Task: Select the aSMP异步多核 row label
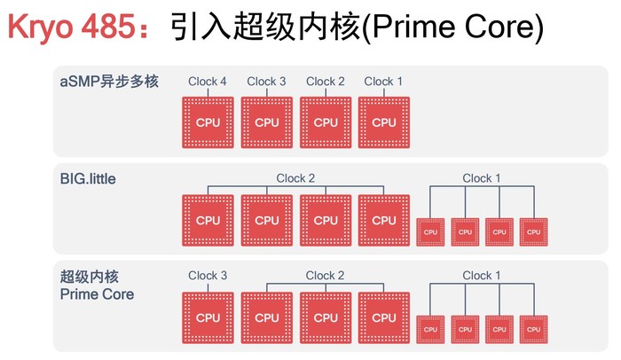(x=109, y=82)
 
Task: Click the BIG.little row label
(x=88, y=178)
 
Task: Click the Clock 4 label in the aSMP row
(x=208, y=82)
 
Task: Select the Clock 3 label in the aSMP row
(x=266, y=82)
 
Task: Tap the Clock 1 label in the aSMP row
(x=383, y=82)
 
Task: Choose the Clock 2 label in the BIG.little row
(x=295, y=178)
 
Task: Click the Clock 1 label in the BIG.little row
(x=482, y=178)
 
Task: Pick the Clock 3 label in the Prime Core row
(x=208, y=276)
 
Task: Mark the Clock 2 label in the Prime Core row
(x=325, y=276)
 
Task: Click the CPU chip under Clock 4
(x=208, y=122)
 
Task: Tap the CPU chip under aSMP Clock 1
(x=384, y=122)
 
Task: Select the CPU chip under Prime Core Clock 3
(x=208, y=317)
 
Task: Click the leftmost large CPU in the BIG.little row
(x=208, y=220)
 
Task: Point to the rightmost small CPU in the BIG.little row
(x=533, y=231)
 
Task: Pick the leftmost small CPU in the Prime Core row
(x=430, y=329)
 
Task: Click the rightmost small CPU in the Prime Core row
(x=533, y=329)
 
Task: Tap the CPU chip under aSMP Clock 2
(x=326, y=122)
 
